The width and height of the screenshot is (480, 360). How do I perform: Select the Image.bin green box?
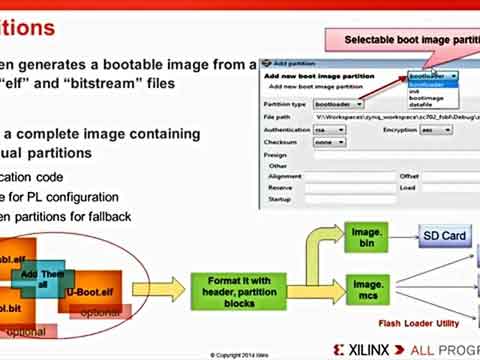click(366, 238)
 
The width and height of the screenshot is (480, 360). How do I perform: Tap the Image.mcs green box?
click(366, 291)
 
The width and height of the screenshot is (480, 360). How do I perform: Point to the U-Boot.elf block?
click(93, 290)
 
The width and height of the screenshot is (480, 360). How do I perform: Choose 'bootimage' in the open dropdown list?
click(422, 97)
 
